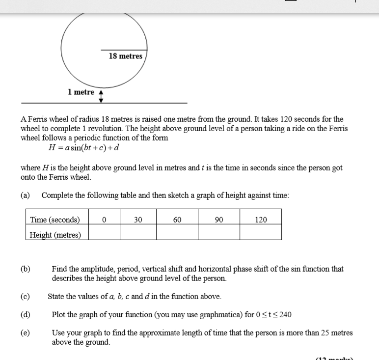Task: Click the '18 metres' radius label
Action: click(126, 56)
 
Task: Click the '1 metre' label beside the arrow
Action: click(81, 92)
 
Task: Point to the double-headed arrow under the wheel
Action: click(101, 96)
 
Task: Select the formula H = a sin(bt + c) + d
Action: click(83, 148)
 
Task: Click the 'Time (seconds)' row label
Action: click(55, 220)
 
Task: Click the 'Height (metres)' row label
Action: click(55, 234)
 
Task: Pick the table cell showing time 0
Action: click(104, 220)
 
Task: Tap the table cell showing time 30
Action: click(138, 220)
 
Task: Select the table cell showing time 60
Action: click(177, 220)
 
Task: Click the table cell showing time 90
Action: click(219, 220)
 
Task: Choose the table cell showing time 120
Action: click(261, 220)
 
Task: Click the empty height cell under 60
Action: click(177, 232)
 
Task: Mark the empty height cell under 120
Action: click(261, 232)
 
